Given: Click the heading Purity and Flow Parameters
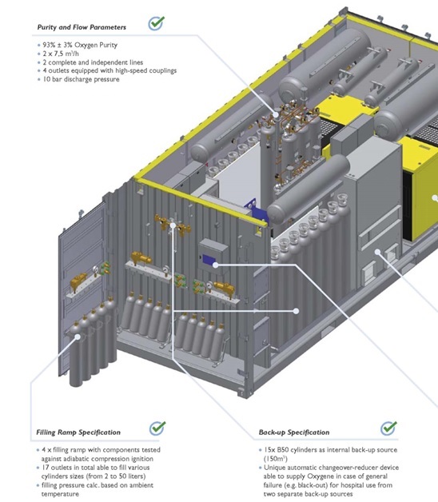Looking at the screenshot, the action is point(82,27).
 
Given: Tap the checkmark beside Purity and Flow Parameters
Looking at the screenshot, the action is point(157,23).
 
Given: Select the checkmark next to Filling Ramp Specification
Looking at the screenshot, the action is point(157,428).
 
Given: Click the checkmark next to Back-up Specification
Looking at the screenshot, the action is point(388,428).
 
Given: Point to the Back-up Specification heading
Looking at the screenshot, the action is point(294,432).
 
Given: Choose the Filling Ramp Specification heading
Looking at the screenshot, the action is point(78,432).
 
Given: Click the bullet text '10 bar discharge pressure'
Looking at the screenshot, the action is point(81,79).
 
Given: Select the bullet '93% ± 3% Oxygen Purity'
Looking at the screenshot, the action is point(80,45).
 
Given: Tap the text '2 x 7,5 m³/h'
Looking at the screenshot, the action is point(61,54).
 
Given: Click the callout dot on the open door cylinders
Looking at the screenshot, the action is point(78,337).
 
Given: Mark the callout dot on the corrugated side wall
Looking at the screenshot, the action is point(297,310).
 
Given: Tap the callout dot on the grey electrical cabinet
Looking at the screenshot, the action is point(378,252).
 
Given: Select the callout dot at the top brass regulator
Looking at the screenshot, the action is point(173,225).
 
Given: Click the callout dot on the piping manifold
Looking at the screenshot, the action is point(276,114).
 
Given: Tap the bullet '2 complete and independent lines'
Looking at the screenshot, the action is point(93,62).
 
